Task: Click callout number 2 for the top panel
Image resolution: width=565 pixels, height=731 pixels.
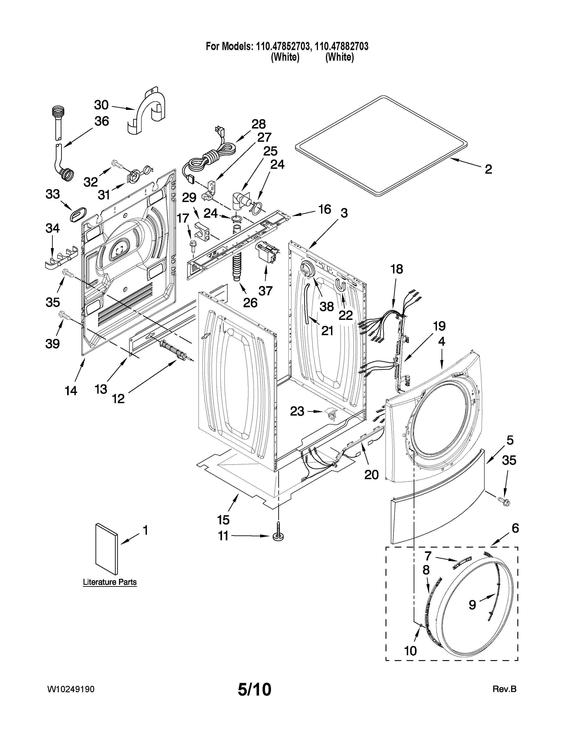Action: point(488,169)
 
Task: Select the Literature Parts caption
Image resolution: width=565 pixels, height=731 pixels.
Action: point(110,582)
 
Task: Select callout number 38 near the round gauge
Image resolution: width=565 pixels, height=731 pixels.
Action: point(326,306)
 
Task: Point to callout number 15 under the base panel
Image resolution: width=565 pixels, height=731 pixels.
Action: point(223,520)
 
